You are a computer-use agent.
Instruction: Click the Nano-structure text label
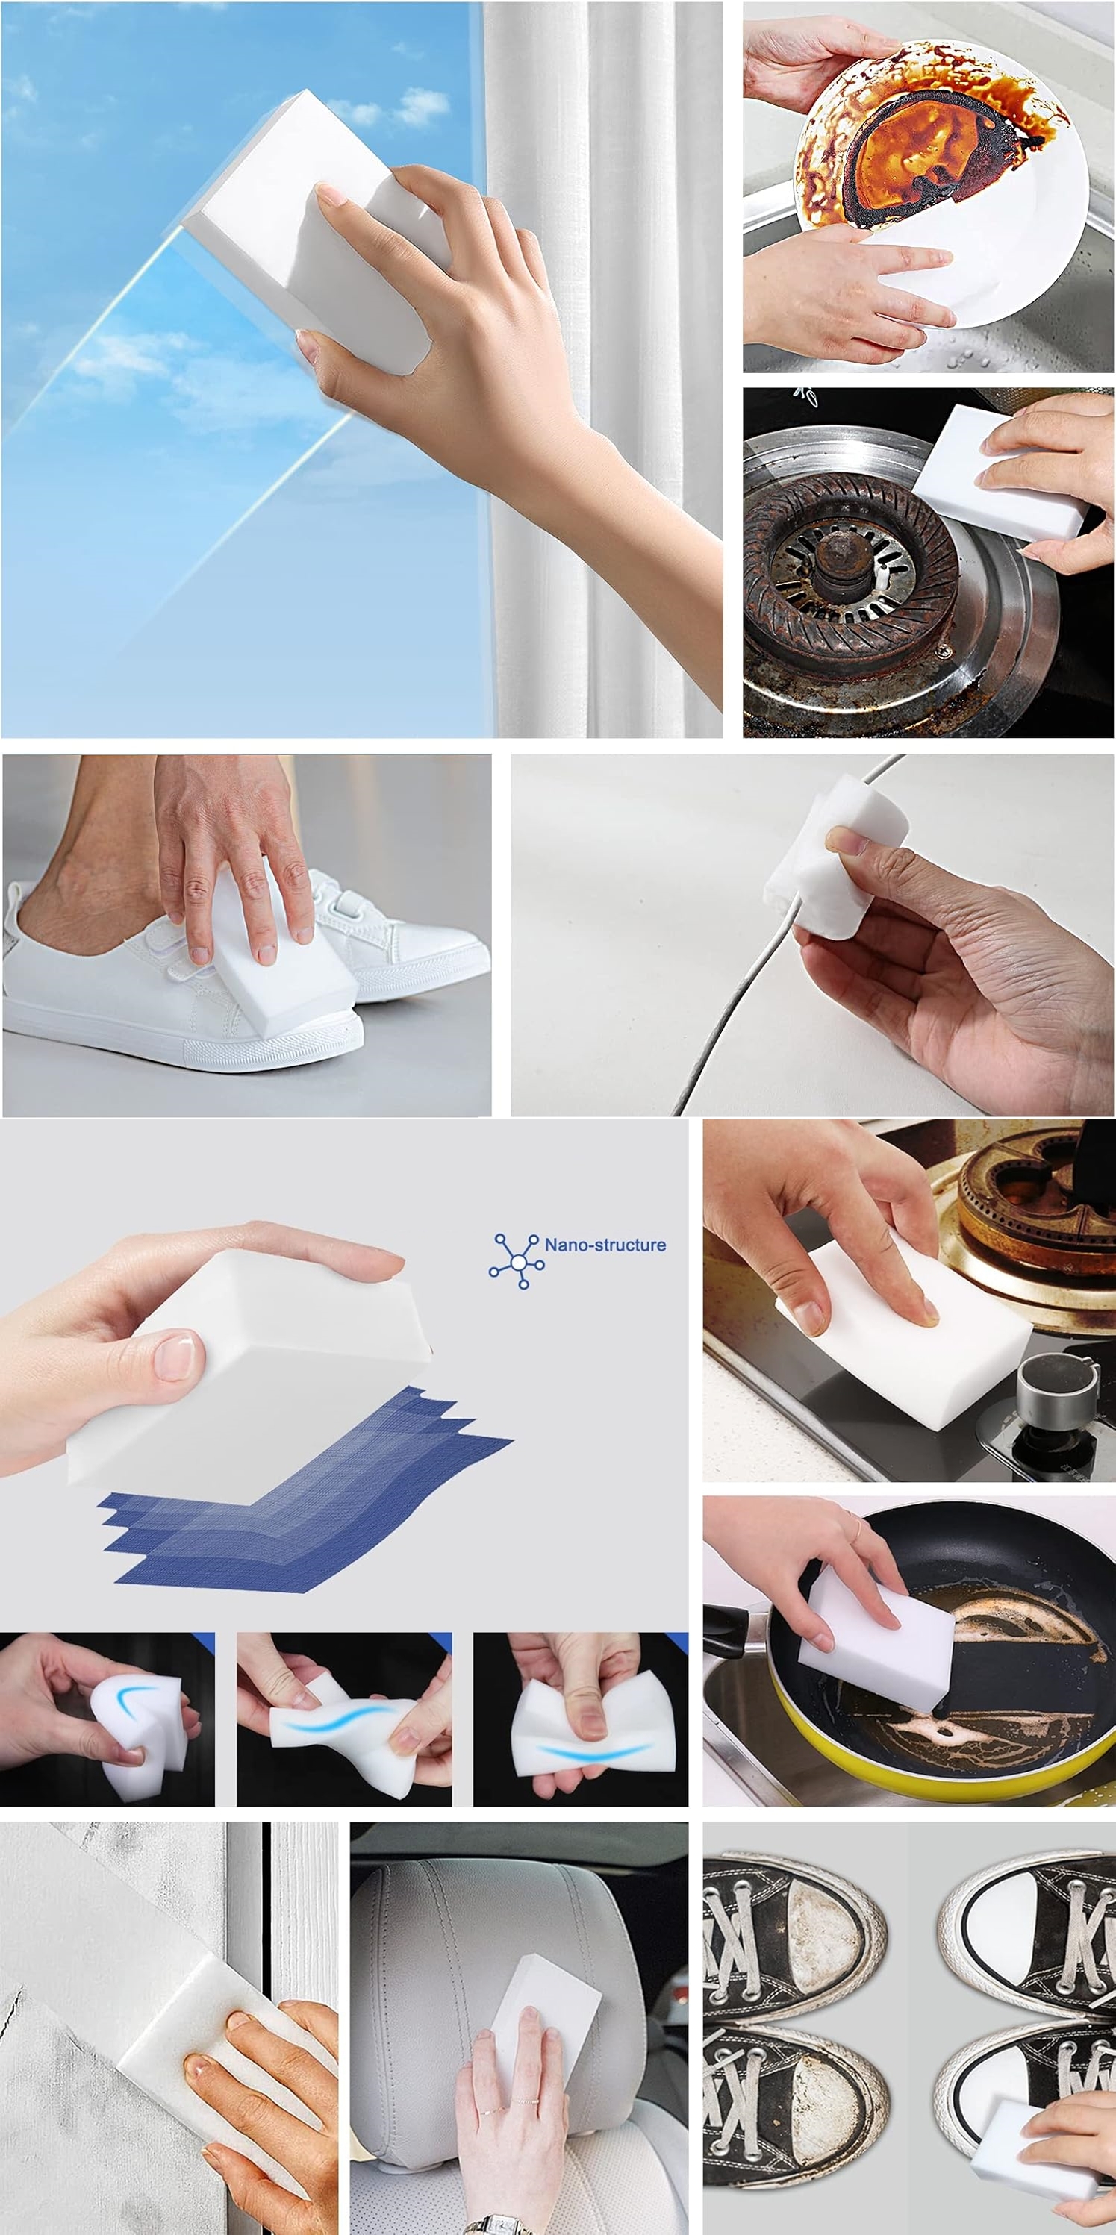coord(605,1244)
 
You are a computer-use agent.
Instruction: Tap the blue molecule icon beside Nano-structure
coord(517,1260)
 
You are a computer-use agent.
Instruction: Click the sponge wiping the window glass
coord(317,233)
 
